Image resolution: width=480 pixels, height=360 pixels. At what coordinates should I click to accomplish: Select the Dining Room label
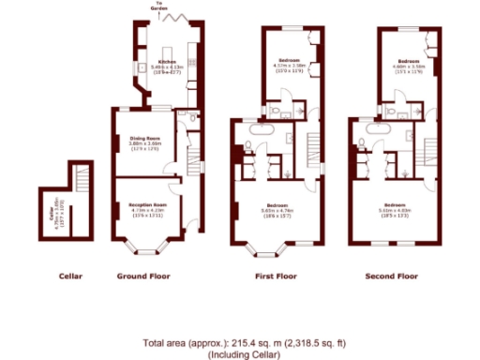click(x=145, y=140)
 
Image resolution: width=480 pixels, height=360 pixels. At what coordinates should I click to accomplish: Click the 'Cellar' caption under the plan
click(x=71, y=277)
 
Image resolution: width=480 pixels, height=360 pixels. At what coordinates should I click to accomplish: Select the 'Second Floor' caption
click(x=393, y=277)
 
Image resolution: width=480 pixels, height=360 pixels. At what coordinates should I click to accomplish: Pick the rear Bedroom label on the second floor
click(x=405, y=62)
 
